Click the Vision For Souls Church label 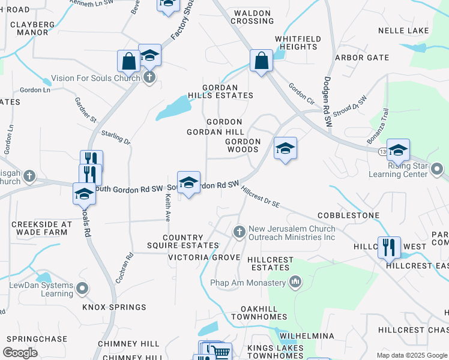(x=96, y=78)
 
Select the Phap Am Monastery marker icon (x=295, y=281)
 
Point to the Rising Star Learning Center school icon (x=398, y=150)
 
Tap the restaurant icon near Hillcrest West (x=389, y=247)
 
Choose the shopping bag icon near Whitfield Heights (x=261, y=60)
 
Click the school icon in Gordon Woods (x=285, y=148)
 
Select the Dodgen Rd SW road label (x=328, y=102)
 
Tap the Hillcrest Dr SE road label (x=261, y=197)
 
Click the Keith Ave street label (x=167, y=207)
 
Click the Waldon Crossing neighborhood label (x=254, y=17)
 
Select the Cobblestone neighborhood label (x=348, y=215)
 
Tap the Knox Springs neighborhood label (x=114, y=307)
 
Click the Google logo (x=20, y=353)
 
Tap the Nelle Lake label (x=403, y=31)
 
